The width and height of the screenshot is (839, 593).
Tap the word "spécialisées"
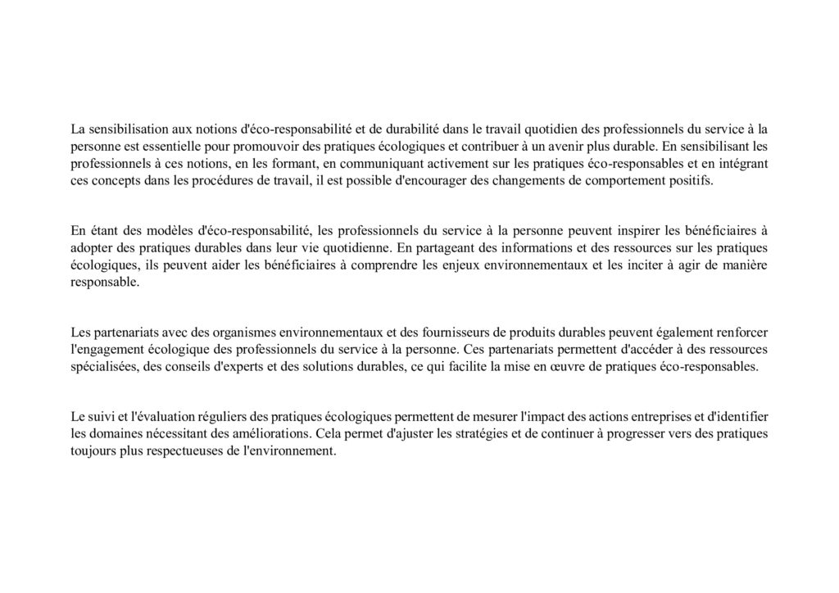[103, 367]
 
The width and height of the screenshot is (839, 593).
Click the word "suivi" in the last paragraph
[103, 416]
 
